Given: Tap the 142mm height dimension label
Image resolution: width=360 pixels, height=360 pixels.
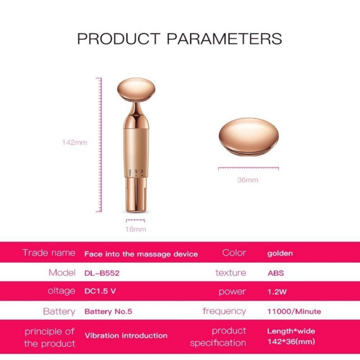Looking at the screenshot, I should [74, 143].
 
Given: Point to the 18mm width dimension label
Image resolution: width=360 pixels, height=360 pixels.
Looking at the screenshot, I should [136, 229].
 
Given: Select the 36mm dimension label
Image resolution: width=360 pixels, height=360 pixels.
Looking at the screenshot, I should [248, 180].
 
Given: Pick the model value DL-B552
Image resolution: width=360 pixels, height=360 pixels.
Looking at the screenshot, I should [102, 273].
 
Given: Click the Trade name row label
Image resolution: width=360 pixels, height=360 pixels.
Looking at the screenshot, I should [49, 253].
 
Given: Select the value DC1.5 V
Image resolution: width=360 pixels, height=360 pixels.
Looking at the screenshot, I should [100, 291].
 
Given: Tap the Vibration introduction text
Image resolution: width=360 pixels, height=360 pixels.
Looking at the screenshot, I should [126, 336].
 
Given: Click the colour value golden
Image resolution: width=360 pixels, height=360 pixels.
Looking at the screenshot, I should [280, 253].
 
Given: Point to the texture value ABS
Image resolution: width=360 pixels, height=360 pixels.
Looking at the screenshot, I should [275, 273].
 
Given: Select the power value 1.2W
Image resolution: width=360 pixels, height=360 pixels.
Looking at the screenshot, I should [277, 292].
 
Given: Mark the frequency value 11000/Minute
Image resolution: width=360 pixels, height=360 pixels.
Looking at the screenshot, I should [294, 311].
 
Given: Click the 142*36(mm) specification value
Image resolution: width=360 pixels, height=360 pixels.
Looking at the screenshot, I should [291, 342].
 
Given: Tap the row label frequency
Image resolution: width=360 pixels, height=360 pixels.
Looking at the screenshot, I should [224, 311].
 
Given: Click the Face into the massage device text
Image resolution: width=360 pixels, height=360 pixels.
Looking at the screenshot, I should [141, 254].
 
